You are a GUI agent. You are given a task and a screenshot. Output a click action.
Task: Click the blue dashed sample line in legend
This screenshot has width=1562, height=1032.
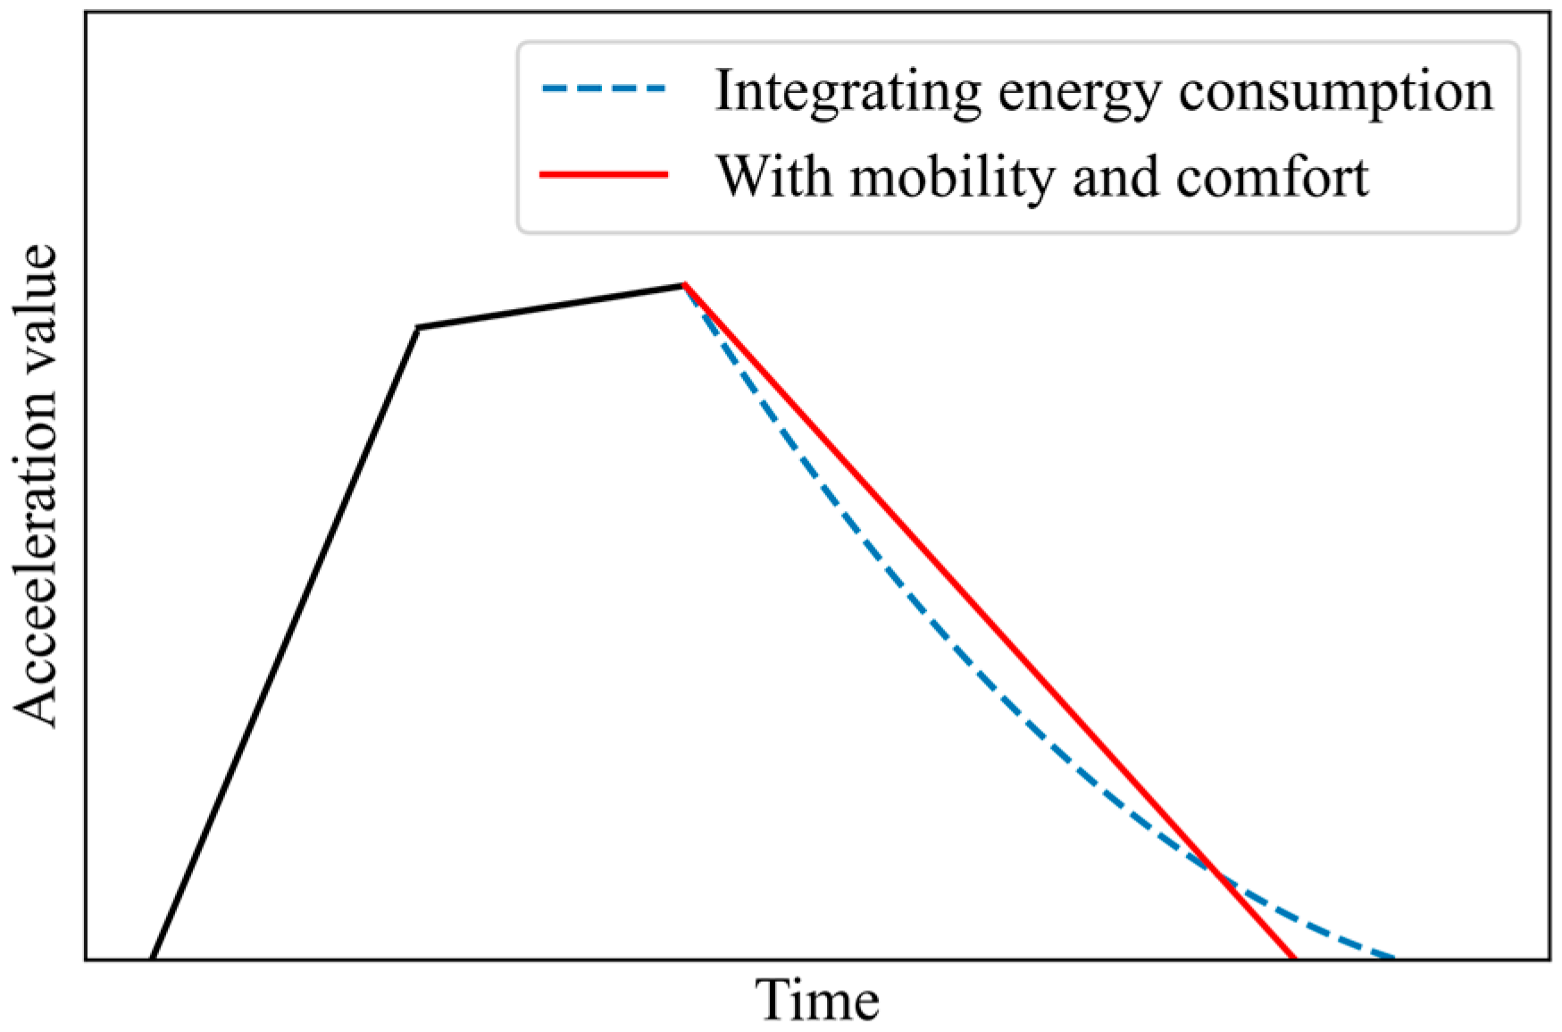[x=604, y=89]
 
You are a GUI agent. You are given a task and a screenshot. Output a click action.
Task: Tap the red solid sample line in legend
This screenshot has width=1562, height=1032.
[x=604, y=174]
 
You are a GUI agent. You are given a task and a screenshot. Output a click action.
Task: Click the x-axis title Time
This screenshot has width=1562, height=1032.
[x=817, y=1001]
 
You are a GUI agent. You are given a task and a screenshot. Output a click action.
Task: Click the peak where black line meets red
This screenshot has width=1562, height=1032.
[x=684, y=285]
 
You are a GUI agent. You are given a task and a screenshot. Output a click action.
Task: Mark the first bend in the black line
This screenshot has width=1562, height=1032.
[x=418, y=328]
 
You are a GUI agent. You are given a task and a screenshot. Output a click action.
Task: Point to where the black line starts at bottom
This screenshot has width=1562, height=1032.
[x=152, y=958]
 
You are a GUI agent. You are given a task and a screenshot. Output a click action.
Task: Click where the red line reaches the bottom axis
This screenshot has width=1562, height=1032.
[x=1293, y=958]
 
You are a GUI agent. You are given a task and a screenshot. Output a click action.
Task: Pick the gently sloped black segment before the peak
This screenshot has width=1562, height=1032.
[x=551, y=306]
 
